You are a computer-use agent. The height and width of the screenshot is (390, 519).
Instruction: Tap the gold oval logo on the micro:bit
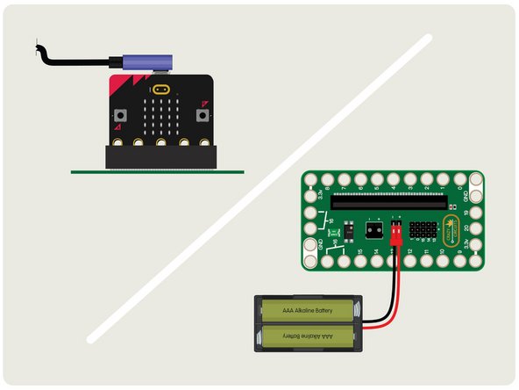160,90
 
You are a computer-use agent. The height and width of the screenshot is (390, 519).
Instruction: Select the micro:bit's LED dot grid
160,115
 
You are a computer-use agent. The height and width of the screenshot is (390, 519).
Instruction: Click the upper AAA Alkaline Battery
307,310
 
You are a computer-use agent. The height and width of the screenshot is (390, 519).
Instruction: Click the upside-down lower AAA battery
307,335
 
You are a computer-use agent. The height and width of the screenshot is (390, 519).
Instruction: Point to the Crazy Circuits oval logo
453,232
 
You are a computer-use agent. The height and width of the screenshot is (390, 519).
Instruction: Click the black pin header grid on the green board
426,232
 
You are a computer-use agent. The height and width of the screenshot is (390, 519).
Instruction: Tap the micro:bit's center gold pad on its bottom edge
161,141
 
